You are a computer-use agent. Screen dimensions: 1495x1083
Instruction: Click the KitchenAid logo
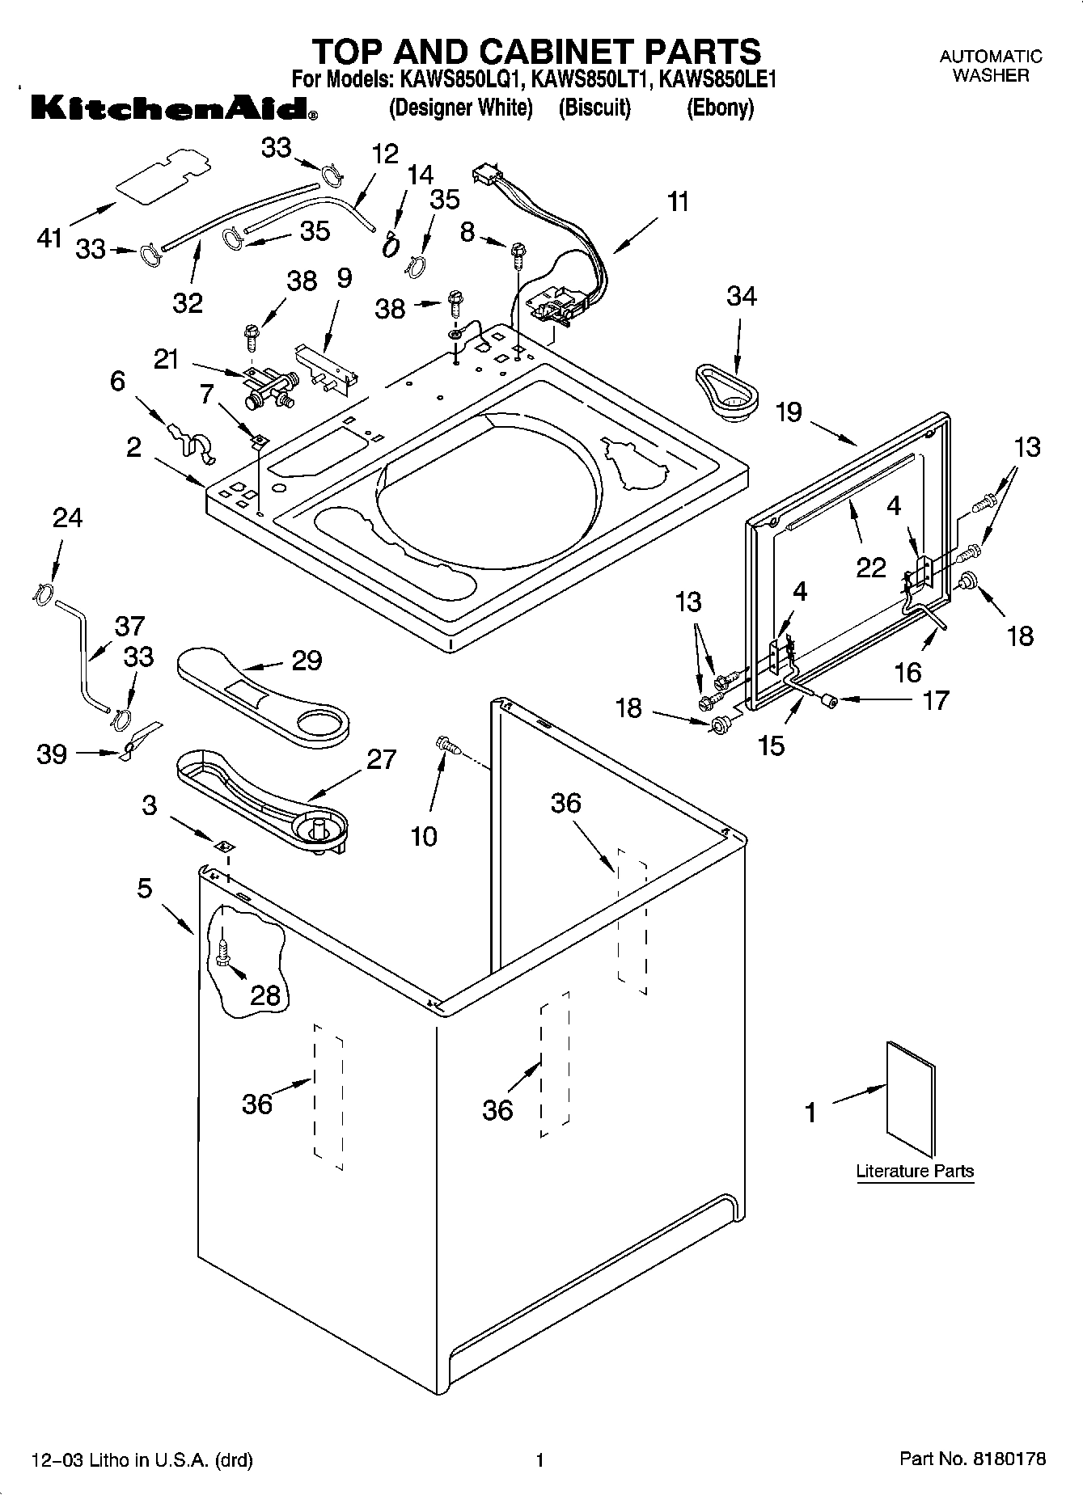tap(174, 108)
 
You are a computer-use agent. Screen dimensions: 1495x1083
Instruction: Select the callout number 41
tap(50, 238)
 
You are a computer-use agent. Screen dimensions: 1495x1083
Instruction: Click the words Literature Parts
tap(915, 1171)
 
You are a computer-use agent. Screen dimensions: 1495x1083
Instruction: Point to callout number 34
tap(741, 297)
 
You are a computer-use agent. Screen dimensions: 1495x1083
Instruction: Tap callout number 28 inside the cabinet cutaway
tap(264, 995)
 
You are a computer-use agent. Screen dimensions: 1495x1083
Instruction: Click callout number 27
tap(381, 759)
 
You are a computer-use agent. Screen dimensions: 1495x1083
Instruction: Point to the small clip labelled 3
tap(224, 846)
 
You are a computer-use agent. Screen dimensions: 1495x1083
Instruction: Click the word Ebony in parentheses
tap(720, 108)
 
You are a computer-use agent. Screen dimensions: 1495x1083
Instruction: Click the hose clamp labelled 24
tap(44, 592)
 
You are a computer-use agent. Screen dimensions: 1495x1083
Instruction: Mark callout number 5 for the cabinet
tap(145, 889)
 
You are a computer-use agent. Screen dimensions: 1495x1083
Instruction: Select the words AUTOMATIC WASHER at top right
tap(990, 66)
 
